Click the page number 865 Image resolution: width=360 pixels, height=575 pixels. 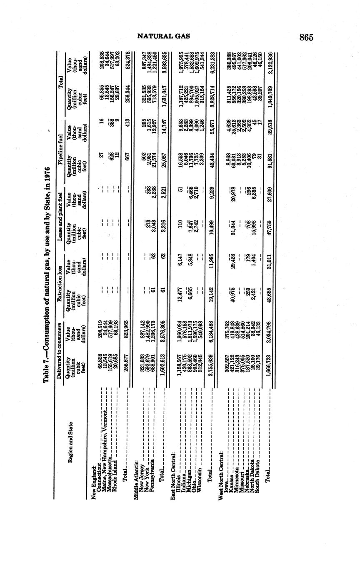click(306, 37)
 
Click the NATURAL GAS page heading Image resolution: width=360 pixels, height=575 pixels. click(163, 36)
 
